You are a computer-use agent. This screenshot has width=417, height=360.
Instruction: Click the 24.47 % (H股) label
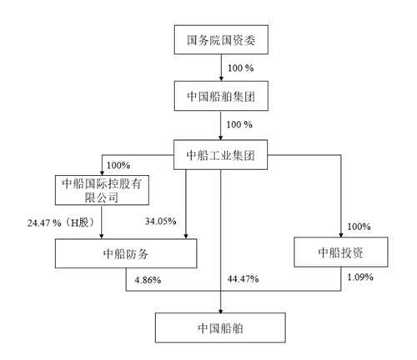pos(61,222)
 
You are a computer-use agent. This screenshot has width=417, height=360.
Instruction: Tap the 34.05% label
pos(161,222)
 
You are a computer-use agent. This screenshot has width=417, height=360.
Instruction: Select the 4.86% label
pos(148,280)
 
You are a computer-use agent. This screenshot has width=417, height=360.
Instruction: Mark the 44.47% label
pos(243,278)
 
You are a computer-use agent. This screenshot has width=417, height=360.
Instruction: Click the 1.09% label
pos(360,277)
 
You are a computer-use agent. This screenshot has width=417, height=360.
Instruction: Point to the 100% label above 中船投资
pos(359,227)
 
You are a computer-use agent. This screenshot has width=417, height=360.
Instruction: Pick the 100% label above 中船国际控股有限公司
pos(118,165)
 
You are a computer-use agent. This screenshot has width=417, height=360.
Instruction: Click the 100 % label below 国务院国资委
pos(241,68)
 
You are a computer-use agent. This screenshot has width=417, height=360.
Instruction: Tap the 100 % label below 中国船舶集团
pos(239,124)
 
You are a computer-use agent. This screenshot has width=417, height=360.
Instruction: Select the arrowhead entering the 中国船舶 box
pos(221,311)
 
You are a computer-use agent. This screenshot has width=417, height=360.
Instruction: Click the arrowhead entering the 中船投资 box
pos(341,235)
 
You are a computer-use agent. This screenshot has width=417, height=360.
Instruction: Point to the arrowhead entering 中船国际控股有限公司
pos(102,173)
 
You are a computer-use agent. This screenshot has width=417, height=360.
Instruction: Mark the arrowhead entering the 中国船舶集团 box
pos(221,78)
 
